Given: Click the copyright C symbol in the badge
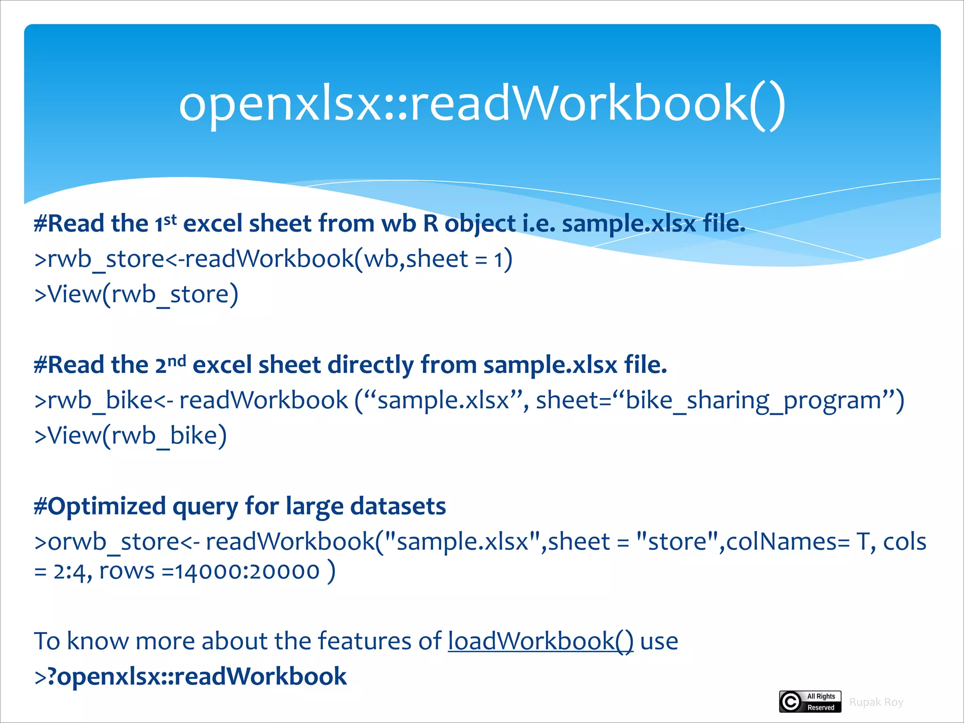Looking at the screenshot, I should [791, 702].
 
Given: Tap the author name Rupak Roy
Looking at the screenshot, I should [876, 702].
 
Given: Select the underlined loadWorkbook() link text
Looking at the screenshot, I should [540, 641].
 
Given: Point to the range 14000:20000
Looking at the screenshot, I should [248, 571].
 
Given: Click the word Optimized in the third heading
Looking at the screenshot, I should [106, 506].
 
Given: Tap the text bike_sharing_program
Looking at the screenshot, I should [753, 401].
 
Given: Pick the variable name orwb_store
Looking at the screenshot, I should [113, 542].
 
